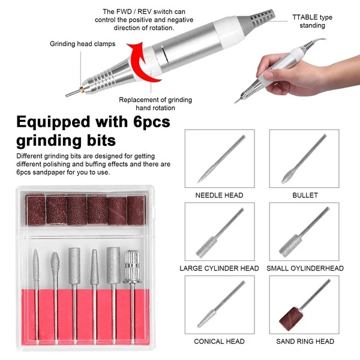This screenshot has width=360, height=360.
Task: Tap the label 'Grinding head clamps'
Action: tap(82, 44)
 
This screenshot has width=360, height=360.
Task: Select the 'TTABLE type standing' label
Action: tap(312, 21)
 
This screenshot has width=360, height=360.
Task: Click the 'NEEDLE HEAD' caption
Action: tap(219, 195)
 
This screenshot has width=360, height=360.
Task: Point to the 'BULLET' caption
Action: tap(305, 195)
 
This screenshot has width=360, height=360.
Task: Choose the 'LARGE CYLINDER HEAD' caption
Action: tap(219, 268)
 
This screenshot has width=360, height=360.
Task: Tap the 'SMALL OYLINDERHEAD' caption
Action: tap(305, 268)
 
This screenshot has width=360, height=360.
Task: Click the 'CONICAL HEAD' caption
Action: tap(219, 341)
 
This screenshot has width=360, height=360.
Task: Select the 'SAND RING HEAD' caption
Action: tap(305, 341)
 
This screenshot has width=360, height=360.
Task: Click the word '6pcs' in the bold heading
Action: tap(152, 122)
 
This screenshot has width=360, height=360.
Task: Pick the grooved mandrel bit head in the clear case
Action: tap(132, 266)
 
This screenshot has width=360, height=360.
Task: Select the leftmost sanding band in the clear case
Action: tap(35, 209)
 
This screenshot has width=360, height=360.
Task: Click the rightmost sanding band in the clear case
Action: tap(136, 211)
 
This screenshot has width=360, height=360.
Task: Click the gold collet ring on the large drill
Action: tap(81, 90)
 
